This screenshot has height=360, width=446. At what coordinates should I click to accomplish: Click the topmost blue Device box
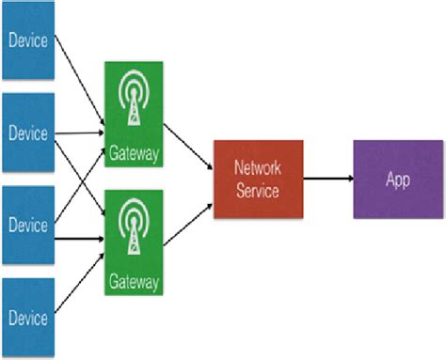click(x=28, y=42)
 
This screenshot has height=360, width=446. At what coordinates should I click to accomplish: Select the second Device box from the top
click(x=28, y=132)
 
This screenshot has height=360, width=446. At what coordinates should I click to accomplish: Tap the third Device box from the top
click(x=28, y=224)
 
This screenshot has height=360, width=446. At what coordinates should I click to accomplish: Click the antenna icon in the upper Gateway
click(x=133, y=99)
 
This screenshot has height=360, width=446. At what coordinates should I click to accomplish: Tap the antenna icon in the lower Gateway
click(x=133, y=227)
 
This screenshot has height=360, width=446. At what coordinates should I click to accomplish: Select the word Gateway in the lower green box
click(x=133, y=279)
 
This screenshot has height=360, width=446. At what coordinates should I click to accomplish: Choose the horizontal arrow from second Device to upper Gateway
click(x=80, y=133)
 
